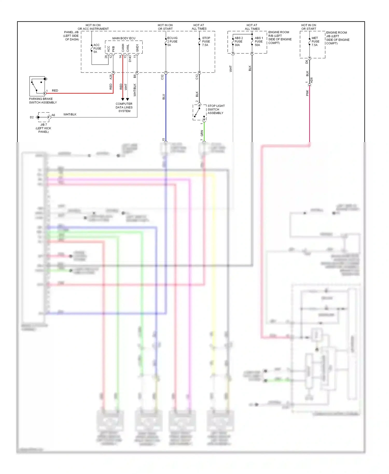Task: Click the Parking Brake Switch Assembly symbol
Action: click(37, 86)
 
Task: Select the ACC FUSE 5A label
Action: click(97, 48)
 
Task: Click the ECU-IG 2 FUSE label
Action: click(172, 41)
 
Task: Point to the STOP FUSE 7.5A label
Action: click(206, 41)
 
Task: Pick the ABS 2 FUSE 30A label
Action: click(238, 41)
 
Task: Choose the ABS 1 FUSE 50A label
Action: click(259, 41)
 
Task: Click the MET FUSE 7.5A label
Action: click(315, 41)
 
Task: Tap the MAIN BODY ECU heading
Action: click(124, 38)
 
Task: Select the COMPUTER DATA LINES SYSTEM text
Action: click(124, 107)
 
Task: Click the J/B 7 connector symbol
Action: click(44, 117)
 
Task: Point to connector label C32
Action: click(162, 77)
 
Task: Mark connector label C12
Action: click(197, 77)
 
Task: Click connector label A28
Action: click(111, 77)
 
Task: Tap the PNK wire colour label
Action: click(307, 93)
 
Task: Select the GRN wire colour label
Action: click(202, 133)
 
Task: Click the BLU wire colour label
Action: click(164, 97)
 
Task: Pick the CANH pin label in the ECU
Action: click(123, 48)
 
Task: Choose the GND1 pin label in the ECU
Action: click(137, 48)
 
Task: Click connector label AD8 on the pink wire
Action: click(311, 80)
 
